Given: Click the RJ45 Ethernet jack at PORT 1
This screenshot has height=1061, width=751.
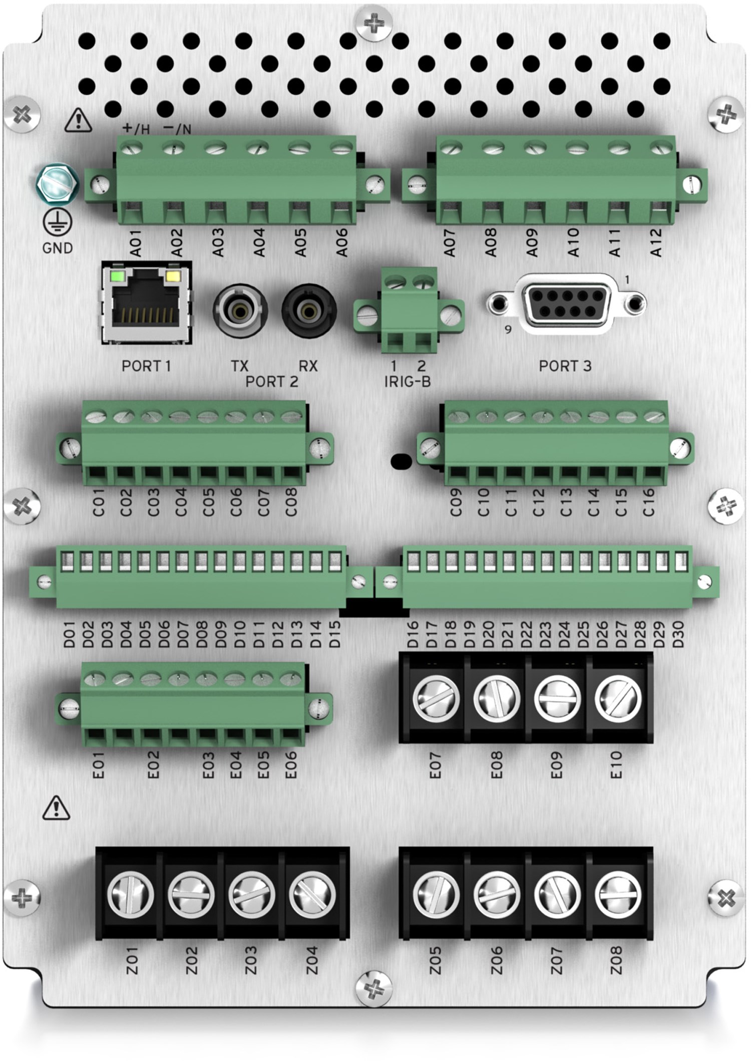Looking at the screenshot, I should pos(146,303).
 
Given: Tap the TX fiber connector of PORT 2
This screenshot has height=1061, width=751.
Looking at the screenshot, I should pos(240,311).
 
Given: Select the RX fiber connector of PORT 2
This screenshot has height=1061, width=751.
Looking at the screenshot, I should pos(308,311).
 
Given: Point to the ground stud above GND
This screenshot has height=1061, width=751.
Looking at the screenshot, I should pos(58,183).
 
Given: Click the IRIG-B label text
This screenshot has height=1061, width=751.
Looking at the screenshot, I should pos(407,382).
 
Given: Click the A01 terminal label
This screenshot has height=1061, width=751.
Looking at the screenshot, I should pos(136,243).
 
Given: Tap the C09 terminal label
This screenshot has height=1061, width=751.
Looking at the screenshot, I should pos(455,502).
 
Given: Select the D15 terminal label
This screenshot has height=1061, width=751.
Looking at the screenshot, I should pos(335,634).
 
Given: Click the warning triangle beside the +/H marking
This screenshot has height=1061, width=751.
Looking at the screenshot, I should pos(78,121).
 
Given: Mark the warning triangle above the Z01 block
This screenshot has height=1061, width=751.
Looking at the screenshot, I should pos(56,808).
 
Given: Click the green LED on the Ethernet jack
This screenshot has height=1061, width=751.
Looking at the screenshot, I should pos(118,276).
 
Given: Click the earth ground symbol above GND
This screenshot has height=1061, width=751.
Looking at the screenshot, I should pos(58,222).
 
